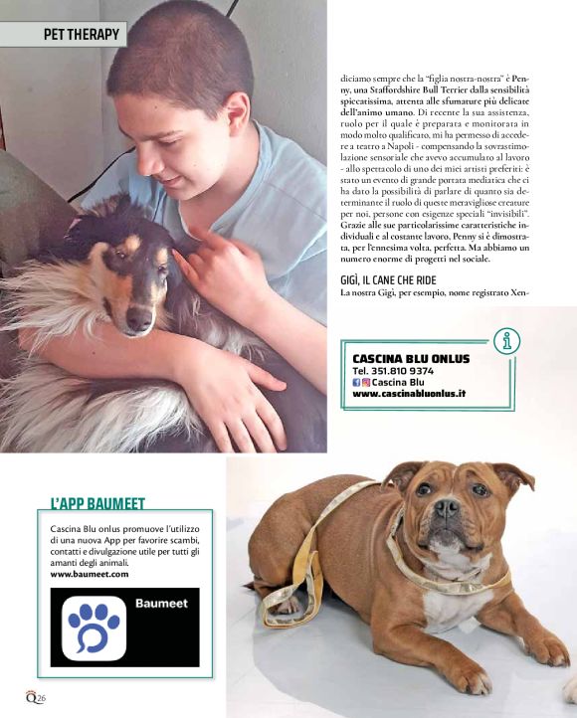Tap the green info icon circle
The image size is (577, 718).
coord(508,342)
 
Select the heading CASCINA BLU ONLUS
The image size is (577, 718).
coord(411,359)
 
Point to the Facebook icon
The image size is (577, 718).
coord(358,382)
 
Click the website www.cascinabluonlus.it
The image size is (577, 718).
coord(409,394)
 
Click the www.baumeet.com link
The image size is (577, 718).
coord(90,574)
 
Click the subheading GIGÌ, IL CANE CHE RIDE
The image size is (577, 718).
coord(395,280)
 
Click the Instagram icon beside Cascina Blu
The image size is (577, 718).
coord(366,382)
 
